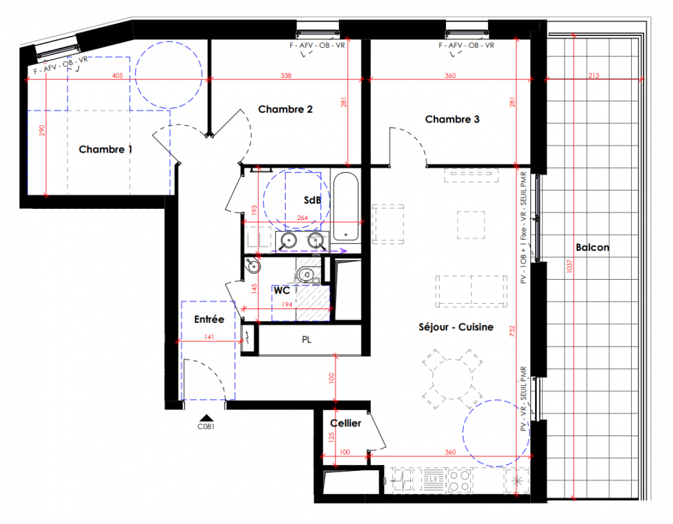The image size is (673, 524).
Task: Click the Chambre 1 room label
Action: coord(105,149)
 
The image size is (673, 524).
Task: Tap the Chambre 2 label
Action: coord(285,109)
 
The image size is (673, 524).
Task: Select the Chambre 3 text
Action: coord(452,119)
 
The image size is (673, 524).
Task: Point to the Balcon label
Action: coord(593,247)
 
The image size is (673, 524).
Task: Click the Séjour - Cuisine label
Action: coord(456,327)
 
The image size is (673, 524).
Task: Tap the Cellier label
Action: coord(345,423)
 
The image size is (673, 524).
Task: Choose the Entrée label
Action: coord(209,320)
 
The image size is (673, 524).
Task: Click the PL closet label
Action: coord(307,339)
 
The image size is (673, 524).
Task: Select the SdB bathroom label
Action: coord(312,200)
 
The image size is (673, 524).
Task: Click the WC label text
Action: coord(281,291)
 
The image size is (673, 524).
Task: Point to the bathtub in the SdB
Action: coord(346,206)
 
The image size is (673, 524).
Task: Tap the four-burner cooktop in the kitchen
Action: coord(459,481)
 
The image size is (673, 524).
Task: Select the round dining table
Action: coord(452,379)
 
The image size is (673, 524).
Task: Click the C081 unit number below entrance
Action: coord(206,426)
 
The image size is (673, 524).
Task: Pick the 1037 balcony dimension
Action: coord(569,266)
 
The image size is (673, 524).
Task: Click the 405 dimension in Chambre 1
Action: coord(118,76)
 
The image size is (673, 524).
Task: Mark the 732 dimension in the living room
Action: coord(512,331)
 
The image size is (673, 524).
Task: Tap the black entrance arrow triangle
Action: coord(207,418)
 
